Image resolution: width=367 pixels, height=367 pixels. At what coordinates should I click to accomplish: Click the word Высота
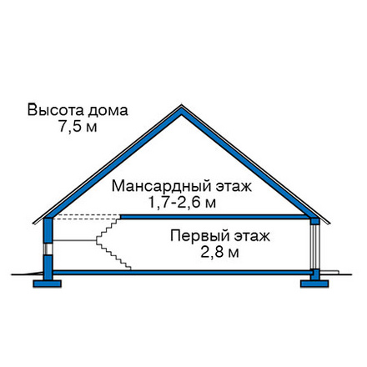pyautogui.click(x=56, y=110)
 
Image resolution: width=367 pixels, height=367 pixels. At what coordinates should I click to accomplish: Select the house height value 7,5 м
pyautogui.click(x=78, y=127)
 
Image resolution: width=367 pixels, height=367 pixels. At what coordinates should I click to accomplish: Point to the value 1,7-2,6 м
pyautogui.click(x=182, y=203)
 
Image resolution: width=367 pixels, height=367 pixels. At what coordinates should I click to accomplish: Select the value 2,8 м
pyautogui.click(x=219, y=253)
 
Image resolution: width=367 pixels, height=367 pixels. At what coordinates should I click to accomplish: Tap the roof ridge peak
pyautogui.click(x=182, y=105)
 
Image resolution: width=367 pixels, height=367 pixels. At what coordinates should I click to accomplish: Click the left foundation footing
pyautogui.click(x=47, y=284)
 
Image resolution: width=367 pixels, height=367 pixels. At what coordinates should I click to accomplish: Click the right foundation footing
pyautogui.click(x=314, y=284)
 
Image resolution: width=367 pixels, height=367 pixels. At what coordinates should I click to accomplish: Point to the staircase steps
pyautogui.click(x=113, y=244)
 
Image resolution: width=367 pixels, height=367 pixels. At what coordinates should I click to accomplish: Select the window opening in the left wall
pyautogui.click(x=48, y=249)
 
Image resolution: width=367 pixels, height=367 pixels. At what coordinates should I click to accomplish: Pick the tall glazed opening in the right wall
pyautogui.click(x=314, y=246)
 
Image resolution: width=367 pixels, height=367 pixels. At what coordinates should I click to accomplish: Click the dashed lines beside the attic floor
pyautogui.click(x=87, y=217)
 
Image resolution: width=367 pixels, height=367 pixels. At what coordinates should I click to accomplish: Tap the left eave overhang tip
pyautogui.click(x=34, y=223)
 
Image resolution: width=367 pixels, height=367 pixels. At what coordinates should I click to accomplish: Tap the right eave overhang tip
pyautogui.click(x=329, y=223)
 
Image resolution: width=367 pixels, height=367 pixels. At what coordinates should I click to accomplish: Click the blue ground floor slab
pyautogui.click(x=182, y=272)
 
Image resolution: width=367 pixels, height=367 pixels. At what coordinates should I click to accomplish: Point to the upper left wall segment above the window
pyautogui.click(x=48, y=230)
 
